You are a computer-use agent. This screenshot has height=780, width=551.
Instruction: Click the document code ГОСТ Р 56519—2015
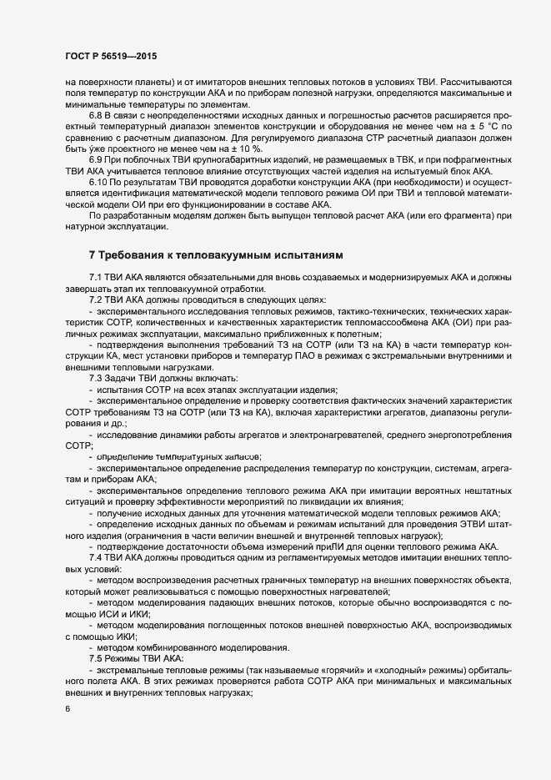[110, 56]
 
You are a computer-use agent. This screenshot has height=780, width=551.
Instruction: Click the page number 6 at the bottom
[68, 710]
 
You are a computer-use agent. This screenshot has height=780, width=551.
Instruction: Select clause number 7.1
[96, 276]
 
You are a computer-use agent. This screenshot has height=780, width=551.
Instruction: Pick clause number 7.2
[96, 299]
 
